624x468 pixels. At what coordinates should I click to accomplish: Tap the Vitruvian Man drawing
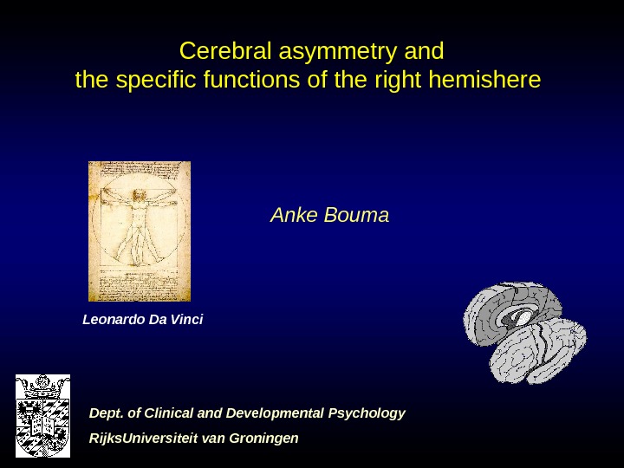tap(140, 231)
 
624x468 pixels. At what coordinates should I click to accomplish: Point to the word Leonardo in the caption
tap(114, 320)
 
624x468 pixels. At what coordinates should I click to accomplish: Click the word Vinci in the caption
tap(186, 320)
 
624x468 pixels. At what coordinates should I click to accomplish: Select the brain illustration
tap(524, 332)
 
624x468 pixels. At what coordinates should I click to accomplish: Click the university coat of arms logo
tap(42, 415)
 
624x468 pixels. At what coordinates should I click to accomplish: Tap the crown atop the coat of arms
tap(42, 382)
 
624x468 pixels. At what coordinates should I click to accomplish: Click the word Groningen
tap(263, 438)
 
